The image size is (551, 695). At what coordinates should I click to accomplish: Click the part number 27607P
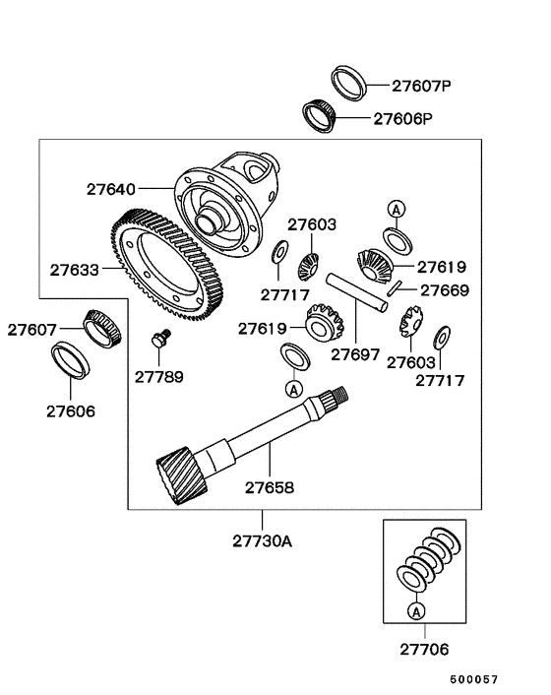[418, 87]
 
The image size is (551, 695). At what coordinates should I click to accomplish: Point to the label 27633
[75, 267]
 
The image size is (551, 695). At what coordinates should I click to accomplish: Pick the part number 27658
[270, 486]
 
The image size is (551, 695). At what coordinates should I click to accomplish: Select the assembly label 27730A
[263, 540]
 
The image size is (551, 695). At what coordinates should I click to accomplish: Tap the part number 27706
[421, 651]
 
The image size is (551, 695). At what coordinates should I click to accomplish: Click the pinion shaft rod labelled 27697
[360, 292]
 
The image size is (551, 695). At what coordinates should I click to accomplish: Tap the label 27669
[445, 290]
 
